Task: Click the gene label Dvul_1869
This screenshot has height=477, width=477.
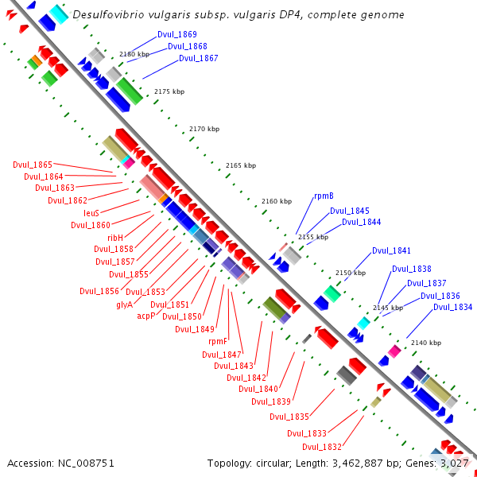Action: coord(177,35)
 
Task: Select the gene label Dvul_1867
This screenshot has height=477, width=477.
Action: coord(198,58)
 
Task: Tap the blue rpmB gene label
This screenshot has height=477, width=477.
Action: coord(324,196)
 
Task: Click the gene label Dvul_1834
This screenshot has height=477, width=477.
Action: coord(452,307)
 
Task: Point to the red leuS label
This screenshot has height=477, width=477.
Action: coord(91,213)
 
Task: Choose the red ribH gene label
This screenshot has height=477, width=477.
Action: coord(115,238)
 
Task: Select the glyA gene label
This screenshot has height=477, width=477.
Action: coord(125,304)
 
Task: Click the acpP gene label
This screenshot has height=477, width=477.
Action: coord(145,316)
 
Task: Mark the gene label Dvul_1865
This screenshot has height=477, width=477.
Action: coord(33,165)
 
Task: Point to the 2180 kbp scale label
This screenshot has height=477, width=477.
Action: coord(134,54)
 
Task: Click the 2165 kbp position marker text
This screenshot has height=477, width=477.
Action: coord(241,165)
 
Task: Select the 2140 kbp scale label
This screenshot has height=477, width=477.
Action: coord(426,343)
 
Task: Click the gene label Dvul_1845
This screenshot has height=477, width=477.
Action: coord(350,211)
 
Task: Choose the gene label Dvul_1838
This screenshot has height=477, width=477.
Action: coord(412,269)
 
